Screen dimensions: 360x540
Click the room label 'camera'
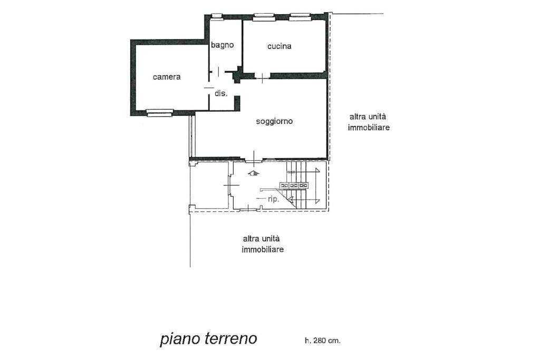[x=167, y=77]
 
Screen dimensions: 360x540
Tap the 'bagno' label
[x=222, y=45]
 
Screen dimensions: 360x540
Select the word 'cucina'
[x=279, y=46]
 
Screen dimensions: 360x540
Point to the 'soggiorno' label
[x=274, y=121]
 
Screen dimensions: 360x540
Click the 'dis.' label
[x=220, y=93]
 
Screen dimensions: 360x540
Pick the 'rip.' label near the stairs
[x=273, y=199]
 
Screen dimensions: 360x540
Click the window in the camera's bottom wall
[x=159, y=112]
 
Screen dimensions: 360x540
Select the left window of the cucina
[x=264, y=17]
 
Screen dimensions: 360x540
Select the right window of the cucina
[x=300, y=17]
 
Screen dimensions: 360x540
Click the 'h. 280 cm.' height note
[x=322, y=340]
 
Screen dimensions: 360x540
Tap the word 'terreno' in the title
[x=230, y=338]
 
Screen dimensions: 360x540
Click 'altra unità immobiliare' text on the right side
[x=369, y=122]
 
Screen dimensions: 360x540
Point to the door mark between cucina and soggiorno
[x=262, y=78]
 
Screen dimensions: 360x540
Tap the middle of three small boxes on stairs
[x=294, y=186]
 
